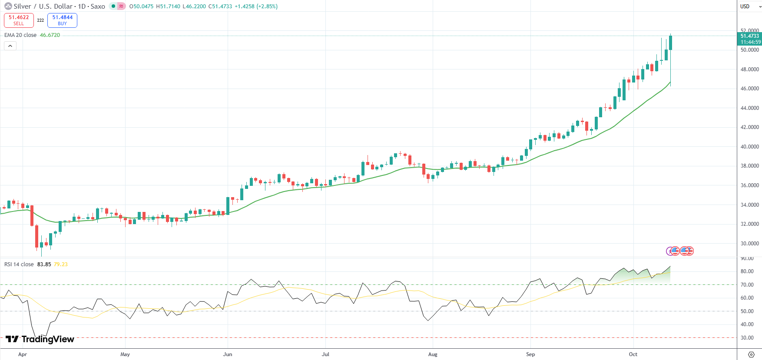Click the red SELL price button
click(19, 20)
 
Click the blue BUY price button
click(62, 20)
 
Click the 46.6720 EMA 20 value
click(50, 35)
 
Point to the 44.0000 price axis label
click(749, 108)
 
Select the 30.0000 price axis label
click(749, 244)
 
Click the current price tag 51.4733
click(749, 36)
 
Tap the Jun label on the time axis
click(227, 354)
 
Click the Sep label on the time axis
click(530, 354)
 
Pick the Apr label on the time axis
click(23, 354)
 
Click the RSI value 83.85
click(44, 264)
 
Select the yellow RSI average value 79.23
click(60, 264)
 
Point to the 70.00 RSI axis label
click(747, 285)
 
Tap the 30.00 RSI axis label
click(747, 338)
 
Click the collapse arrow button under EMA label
click(10, 46)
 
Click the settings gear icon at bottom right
click(751, 354)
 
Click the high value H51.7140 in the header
click(168, 7)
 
